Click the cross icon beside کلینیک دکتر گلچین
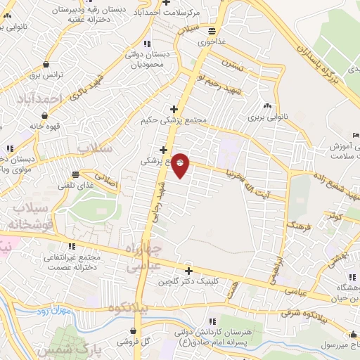pyautogui.click(x=188, y=271)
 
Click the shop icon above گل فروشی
pyautogui.click(x=134, y=330)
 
